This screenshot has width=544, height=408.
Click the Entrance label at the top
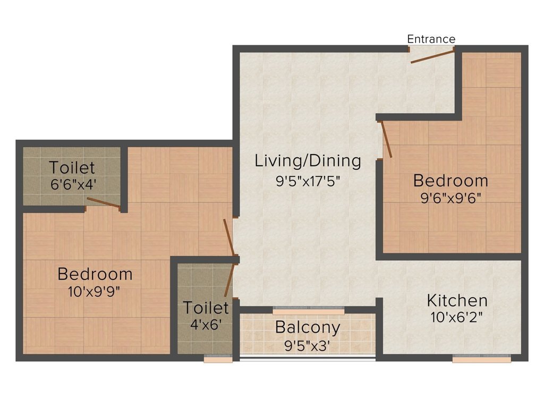click(431, 39)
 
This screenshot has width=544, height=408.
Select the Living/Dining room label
click(308, 160)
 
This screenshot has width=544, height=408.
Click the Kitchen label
click(457, 301)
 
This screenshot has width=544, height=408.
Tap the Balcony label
click(307, 328)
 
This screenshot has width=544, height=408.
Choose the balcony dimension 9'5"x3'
click(308, 346)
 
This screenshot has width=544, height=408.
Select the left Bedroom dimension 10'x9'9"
click(95, 292)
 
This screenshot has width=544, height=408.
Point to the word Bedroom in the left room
click(95, 274)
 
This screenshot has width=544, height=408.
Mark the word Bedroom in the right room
click(450, 181)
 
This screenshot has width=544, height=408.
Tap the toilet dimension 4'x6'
click(206, 324)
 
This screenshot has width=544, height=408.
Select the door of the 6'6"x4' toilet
click(103, 202)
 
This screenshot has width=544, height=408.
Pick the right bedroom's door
click(386, 139)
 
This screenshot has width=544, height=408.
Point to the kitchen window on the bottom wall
click(481, 360)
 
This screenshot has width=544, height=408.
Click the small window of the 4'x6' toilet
click(218, 360)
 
